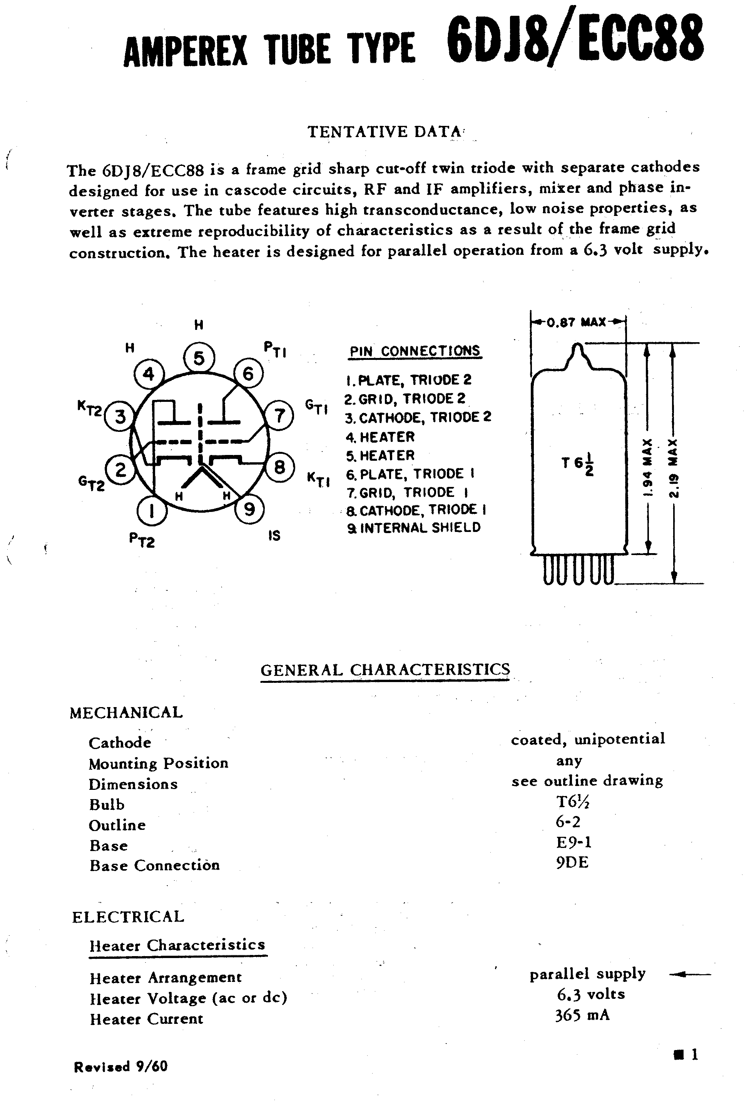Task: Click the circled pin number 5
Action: coord(199,358)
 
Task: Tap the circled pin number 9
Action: coord(249,509)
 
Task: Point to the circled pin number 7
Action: coord(279,416)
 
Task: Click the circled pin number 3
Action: coord(120,416)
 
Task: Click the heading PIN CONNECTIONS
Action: coord(415,351)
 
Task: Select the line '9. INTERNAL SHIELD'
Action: coord(414,528)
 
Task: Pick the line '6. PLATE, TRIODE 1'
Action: coord(411,474)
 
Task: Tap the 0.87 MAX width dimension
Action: coord(576,323)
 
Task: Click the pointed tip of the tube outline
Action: coord(578,346)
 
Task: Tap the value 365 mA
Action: coord(582,1015)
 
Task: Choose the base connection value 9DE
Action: coord(572,863)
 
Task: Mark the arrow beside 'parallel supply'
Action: coord(690,975)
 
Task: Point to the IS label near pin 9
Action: coord(274,536)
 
